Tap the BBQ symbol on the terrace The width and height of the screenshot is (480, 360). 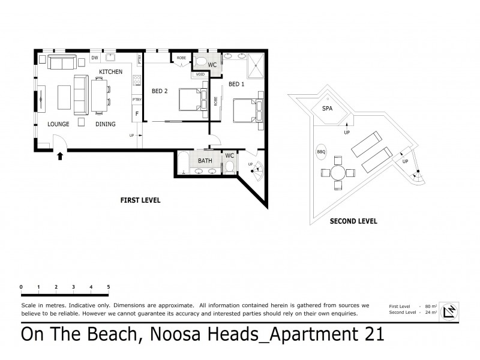[x=321, y=152]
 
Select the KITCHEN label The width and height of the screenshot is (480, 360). [x=111, y=72]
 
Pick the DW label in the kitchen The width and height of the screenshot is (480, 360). [x=95, y=58]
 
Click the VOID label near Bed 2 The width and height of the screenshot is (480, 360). [x=200, y=75]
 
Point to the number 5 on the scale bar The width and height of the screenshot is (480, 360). [x=109, y=287]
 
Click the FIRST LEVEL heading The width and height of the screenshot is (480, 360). [x=140, y=200]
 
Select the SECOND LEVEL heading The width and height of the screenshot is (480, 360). [x=353, y=221]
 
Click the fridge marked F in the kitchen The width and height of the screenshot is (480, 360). [x=137, y=113]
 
